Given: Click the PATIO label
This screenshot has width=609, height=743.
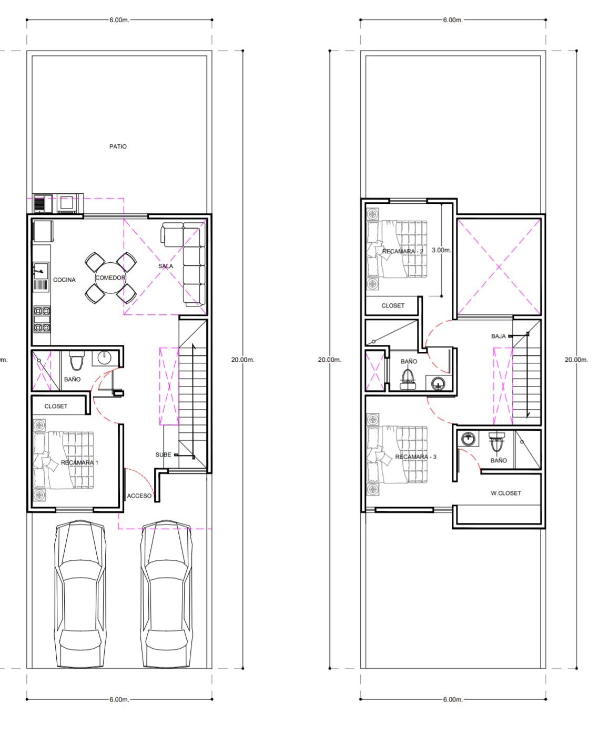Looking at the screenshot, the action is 118,146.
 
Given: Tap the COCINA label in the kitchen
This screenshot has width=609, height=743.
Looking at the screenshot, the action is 64,280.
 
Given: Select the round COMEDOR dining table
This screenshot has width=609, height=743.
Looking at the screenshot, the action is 110,278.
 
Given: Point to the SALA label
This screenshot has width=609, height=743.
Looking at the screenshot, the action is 165,266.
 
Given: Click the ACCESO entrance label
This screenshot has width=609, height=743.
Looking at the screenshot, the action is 139,496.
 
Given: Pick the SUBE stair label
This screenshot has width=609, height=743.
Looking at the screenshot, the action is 163,454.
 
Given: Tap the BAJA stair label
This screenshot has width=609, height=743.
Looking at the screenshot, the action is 498,336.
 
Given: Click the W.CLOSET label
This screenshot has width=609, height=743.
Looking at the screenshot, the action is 505,493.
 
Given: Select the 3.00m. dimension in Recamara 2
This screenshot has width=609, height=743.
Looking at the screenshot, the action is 441,250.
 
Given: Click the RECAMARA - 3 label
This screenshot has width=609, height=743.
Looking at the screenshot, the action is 415,457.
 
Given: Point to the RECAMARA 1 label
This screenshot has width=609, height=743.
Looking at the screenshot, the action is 79,462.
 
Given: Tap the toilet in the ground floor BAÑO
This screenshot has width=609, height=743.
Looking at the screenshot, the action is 76,360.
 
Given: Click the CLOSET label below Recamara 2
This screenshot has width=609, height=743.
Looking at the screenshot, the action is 393,305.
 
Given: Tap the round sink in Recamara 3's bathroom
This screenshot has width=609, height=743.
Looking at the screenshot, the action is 468,439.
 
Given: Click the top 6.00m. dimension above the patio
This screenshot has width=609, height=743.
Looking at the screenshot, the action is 119,20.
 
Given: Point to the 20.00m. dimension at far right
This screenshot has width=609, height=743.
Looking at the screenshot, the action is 576,360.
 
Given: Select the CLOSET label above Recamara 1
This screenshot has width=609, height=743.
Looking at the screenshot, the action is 56,406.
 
